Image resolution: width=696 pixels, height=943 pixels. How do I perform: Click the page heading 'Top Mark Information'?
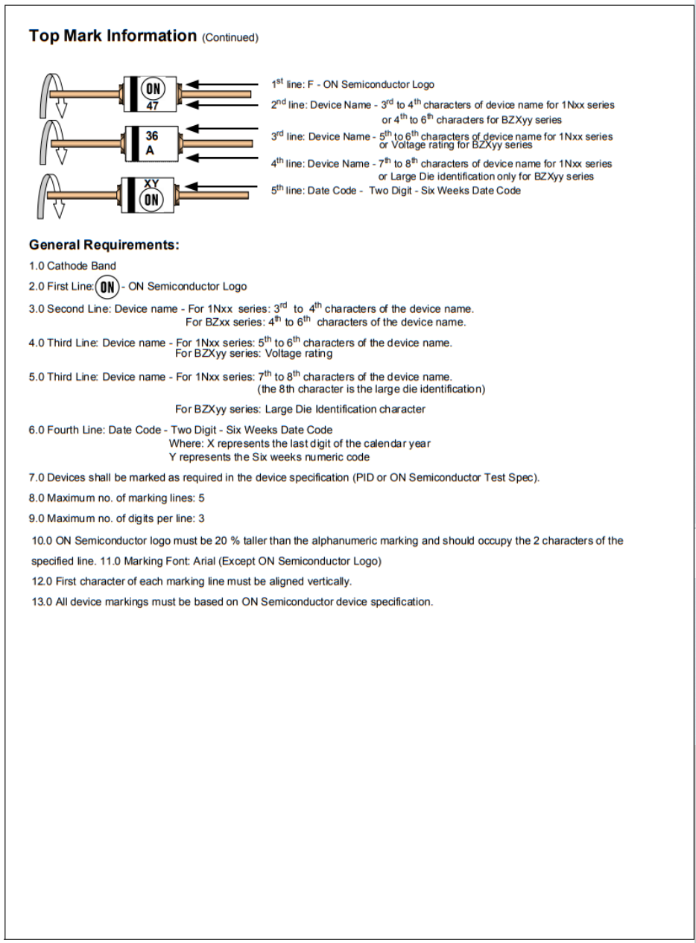click(x=112, y=36)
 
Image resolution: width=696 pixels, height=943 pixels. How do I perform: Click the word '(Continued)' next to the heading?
click(x=230, y=38)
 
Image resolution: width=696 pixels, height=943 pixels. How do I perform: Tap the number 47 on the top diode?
click(x=152, y=107)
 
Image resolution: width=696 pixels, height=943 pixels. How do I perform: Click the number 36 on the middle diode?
click(x=151, y=137)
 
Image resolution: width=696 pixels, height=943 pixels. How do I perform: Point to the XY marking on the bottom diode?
click(x=151, y=183)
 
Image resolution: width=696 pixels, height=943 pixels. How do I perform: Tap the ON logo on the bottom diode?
click(x=151, y=199)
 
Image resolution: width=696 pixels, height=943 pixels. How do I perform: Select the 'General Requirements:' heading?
click(x=104, y=245)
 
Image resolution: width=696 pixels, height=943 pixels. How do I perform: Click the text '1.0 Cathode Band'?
click(x=72, y=266)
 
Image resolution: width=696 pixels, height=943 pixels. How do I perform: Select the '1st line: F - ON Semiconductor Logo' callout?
click(x=352, y=85)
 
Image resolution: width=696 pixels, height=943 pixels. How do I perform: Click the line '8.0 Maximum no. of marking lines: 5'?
click(x=116, y=498)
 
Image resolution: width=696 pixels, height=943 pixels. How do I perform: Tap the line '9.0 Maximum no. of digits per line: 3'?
click(x=116, y=518)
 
